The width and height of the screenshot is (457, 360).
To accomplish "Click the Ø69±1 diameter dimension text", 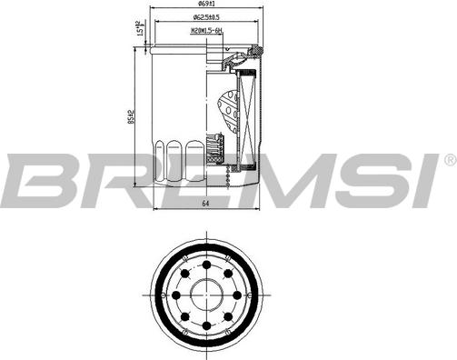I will pyautogui.click(x=209, y=5).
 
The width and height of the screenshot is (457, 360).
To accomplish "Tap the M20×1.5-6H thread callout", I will pyautogui.click(x=207, y=31).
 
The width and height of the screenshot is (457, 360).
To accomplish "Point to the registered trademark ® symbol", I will pyautogui.click(x=449, y=160).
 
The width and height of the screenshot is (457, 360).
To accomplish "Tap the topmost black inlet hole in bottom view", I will pyautogui.click(x=208, y=264).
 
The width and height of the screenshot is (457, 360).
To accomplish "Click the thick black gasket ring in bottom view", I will pyautogui.click(x=208, y=248).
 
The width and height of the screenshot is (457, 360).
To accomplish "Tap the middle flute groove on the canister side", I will pyautogui.click(x=177, y=154).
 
